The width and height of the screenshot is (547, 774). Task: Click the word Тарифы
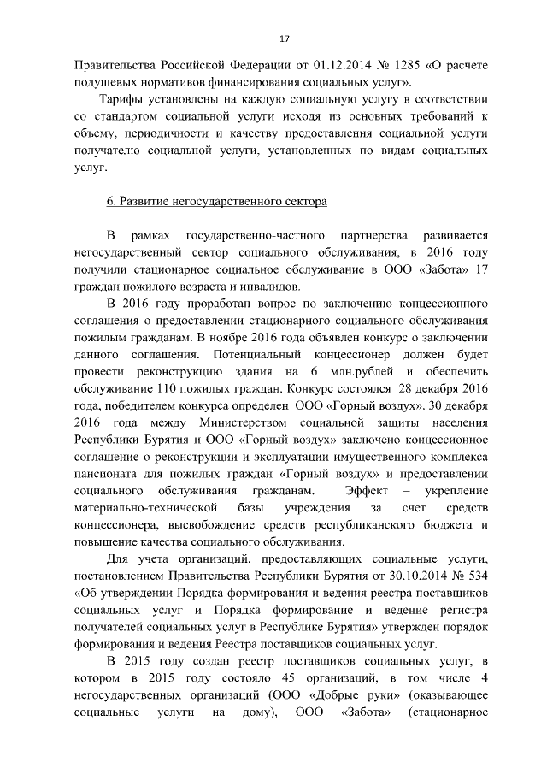pyautogui.click(x=126, y=100)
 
